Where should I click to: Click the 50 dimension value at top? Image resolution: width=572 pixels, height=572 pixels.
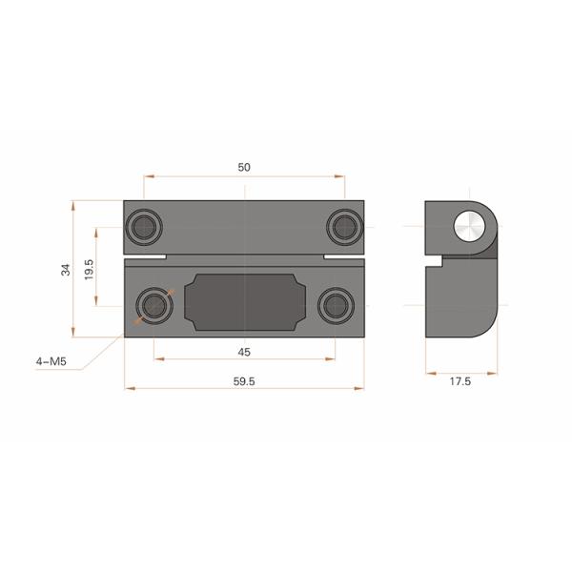[x=244, y=167]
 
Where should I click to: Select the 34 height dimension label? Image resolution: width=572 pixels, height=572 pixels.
[x=66, y=269]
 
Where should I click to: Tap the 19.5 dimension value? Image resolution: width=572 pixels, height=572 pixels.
[x=88, y=267]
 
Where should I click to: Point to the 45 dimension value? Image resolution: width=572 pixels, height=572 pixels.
[x=243, y=352]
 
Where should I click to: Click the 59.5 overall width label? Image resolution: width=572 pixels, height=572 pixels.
[x=244, y=381]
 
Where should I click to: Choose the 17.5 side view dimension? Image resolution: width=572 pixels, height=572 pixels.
[x=460, y=381]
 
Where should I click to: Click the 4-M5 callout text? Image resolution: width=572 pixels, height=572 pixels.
[x=50, y=361]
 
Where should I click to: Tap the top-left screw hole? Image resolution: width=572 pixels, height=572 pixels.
[x=145, y=225]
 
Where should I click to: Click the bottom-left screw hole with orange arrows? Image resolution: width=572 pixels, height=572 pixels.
[x=153, y=305]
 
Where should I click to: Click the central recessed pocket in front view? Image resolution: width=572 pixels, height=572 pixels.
[x=244, y=302]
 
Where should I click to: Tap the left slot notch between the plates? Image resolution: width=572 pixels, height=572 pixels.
[x=145, y=257]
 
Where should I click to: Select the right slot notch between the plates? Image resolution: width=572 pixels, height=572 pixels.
[x=343, y=257]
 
